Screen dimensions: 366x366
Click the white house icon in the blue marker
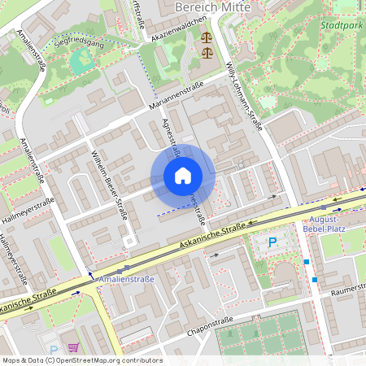[x=183, y=176]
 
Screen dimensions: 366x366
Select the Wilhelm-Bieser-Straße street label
[x=111, y=184]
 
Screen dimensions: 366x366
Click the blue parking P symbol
[x=273, y=242]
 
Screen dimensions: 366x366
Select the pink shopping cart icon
[x=73, y=345]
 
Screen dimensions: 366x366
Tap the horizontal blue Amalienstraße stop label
[x=120, y=278]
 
